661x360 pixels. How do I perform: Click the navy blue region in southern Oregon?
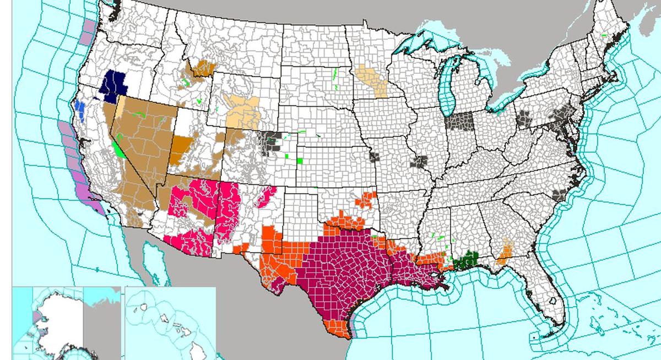click(x=115, y=85)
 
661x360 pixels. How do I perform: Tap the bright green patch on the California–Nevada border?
click(x=117, y=148)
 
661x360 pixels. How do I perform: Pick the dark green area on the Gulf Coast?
click(x=467, y=260)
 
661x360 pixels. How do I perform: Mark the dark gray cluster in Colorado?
click(x=271, y=141)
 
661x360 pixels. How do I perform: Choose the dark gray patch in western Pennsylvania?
click(x=523, y=118)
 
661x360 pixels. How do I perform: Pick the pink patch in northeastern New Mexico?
click(x=266, y=196)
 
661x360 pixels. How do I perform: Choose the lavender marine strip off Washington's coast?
click(x=87, y=33)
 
